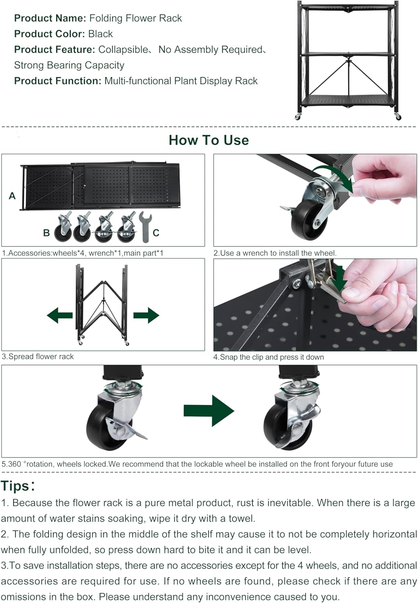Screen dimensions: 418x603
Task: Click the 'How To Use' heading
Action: (209, 140)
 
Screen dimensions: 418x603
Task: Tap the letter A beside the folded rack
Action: (12, 196)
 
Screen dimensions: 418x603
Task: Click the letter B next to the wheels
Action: (46, 233)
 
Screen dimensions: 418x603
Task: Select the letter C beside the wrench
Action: (156, 233)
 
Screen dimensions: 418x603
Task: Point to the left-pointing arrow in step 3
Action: (60, 315)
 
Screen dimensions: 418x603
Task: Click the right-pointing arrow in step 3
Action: (146, 315)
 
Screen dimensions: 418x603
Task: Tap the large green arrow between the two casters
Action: (209, 411)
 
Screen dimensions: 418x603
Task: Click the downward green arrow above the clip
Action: (340, 279)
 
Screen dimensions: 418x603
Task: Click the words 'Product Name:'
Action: (50, 18)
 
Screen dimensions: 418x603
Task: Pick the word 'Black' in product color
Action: (101, 34)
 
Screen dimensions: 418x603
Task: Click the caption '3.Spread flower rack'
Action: (38, 357)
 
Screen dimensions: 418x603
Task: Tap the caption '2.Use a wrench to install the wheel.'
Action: (275, 253)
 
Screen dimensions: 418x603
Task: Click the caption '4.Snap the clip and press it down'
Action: (268, 357)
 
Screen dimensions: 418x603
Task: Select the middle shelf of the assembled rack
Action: (348, 54)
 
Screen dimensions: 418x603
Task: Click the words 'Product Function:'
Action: (58, 81)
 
